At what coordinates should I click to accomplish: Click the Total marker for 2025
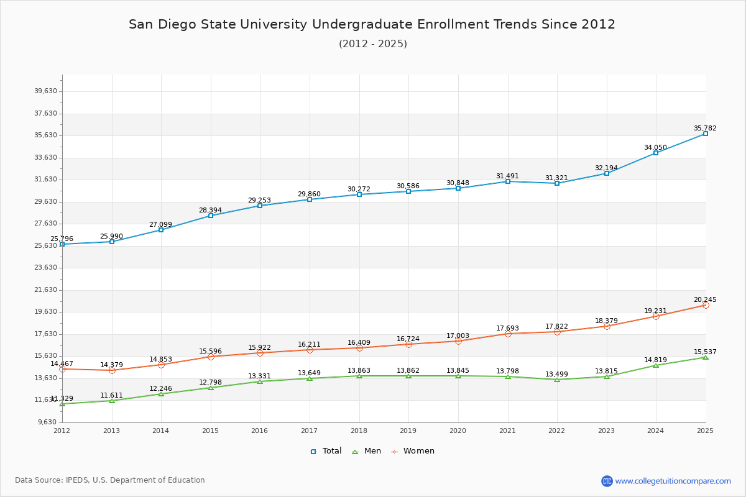[x=706, y=134]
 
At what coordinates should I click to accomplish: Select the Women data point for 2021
[x=508, y=334]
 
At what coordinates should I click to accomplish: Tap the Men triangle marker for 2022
[x=557, y=380]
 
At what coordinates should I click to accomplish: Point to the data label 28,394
[x=210, y=210]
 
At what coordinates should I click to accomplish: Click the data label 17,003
[x=458, y=335]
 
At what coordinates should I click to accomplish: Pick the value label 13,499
[x=556, y=374]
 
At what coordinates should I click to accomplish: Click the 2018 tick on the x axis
[x=359, y=431]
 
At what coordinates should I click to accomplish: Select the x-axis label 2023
[x=606, y=431]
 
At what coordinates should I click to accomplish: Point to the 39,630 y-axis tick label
[x=45, y=91]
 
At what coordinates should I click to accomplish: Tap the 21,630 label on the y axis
[x=45, y=290]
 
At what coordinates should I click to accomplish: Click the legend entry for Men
[x=366, y=451]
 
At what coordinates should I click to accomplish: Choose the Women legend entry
[x=413, y=451]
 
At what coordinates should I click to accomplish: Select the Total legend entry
[x=326, y=451]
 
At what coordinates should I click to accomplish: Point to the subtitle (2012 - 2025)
[x=373, y=44]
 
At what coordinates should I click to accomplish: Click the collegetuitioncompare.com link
[x=673, y=481]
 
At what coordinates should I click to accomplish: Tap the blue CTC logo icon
[x=607, y=481]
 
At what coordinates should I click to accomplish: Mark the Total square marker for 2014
[x=161, y=230]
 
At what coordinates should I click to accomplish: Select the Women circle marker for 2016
[x=260, y=353]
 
